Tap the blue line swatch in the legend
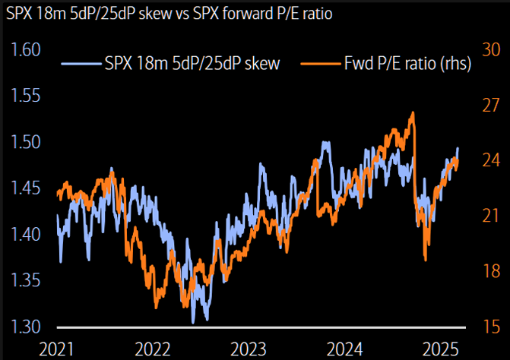82,64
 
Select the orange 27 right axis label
490,106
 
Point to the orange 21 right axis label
490,216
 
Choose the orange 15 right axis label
490,327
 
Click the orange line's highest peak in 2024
412,112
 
